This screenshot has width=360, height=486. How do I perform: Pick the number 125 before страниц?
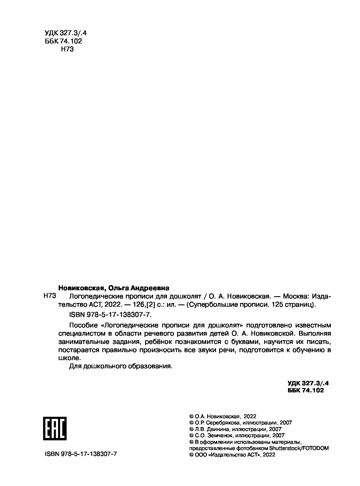pos(278,305)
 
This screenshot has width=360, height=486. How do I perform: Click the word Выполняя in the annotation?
pos(315,333)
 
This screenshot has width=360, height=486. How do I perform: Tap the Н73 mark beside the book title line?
pos(50,296)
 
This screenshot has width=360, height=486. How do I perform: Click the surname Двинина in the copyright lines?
pos(218,429)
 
